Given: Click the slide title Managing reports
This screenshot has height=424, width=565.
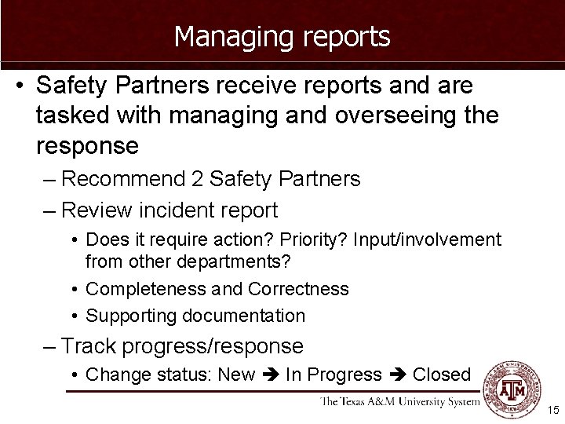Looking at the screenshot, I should tap(282, 36).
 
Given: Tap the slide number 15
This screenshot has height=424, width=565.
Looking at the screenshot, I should tap(553, 410).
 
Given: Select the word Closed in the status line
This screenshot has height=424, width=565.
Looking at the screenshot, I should tap(442, 375).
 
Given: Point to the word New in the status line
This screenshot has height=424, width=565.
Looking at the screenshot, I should tap(236, 375).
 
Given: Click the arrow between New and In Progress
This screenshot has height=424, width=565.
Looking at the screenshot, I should tap(271, 375).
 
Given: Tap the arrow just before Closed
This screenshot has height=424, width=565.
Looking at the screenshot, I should tap(397, 375).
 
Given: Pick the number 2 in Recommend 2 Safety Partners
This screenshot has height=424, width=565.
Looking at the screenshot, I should tap(197, 179).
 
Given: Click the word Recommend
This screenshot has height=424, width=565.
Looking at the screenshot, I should tap(122, 179).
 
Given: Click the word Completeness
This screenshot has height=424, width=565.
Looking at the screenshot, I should tap(146, 289).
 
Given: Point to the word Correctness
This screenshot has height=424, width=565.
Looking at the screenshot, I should tap(298, 289).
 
